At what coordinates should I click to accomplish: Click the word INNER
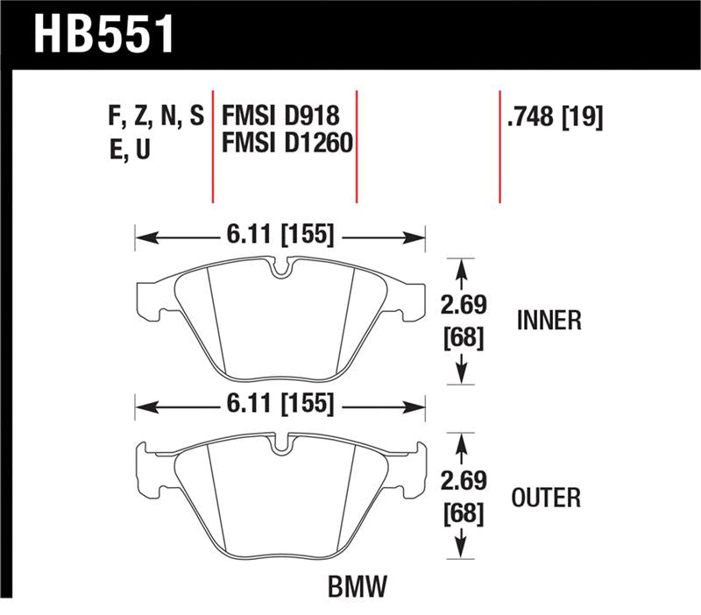click(x=549, y=321)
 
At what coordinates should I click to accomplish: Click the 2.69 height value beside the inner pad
click(x=463, y=307)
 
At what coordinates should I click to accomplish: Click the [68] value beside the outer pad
click(x=463, y=512)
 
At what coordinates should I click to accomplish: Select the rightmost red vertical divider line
click(x=499, y=145)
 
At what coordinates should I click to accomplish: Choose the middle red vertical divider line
click(x=357, y=145)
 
